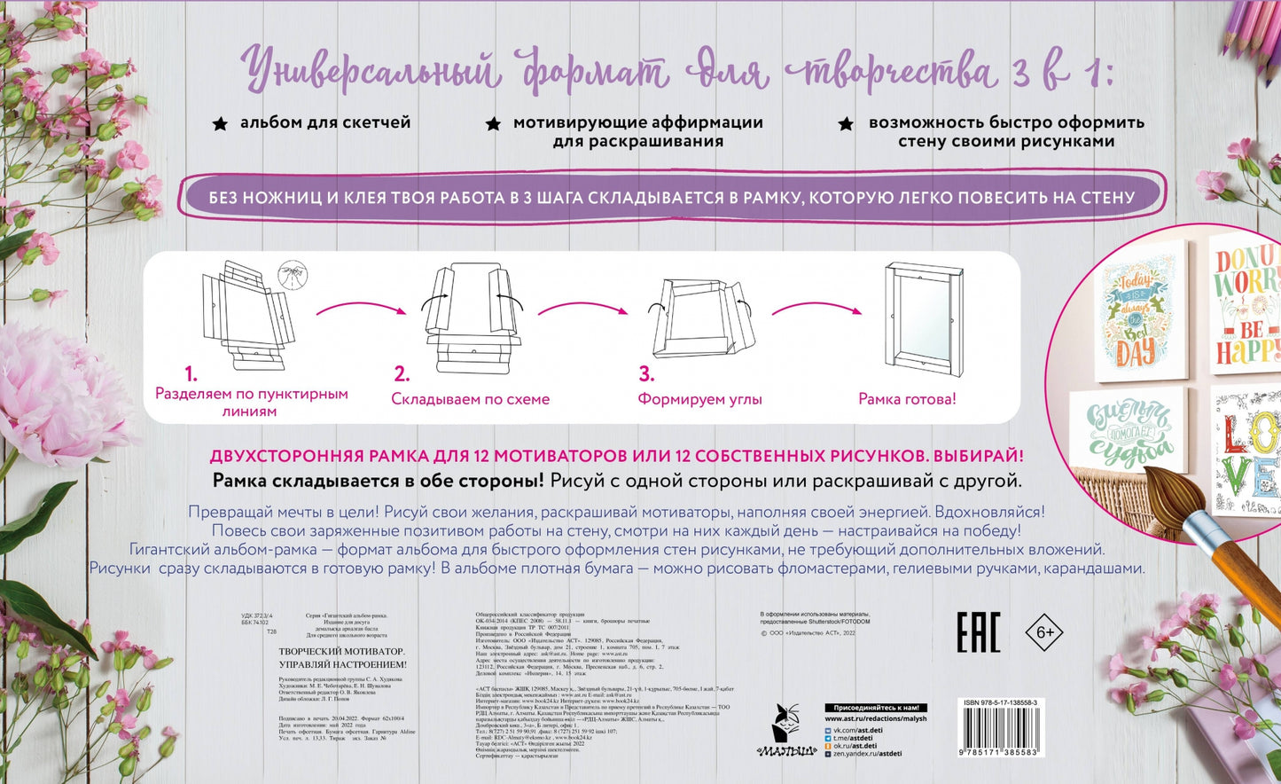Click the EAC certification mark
pos(978,632)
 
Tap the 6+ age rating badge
pos(1043,632)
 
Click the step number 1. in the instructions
pos(191,373)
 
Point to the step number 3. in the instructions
pos(646,373)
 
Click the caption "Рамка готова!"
pos(907,399)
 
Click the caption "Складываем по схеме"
pos(471,399)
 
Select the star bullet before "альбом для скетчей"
pos(220,124)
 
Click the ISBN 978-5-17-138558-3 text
pos(1000,702)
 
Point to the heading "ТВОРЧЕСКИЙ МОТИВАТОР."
pos(341,651)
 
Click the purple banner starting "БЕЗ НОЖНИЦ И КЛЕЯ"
pos(671,197)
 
